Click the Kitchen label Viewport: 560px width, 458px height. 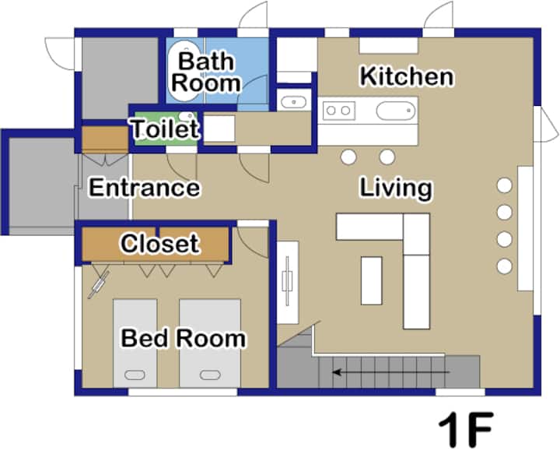coord(407,76)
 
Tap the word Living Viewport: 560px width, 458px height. coord(396,188)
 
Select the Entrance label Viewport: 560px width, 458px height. coord(145,188)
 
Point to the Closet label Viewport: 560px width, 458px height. coord(159,244)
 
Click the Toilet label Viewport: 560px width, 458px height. coord(165,129)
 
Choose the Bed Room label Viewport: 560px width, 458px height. coord(184,338)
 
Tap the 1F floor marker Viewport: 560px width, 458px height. coord(466,429)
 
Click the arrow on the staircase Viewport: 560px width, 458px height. coord(390,372)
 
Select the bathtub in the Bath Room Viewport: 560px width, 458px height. coord(184,71)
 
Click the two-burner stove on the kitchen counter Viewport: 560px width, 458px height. coord(338,111)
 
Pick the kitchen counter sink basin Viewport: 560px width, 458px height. coord(396,111)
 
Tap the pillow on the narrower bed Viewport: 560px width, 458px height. coord(135,375)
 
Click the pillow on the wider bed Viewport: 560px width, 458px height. coord(210,375)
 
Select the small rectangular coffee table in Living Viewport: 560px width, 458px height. coord(372,280)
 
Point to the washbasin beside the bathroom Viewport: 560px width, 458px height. coord(293,102)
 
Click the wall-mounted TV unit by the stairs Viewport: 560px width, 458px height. coord(288,282)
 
